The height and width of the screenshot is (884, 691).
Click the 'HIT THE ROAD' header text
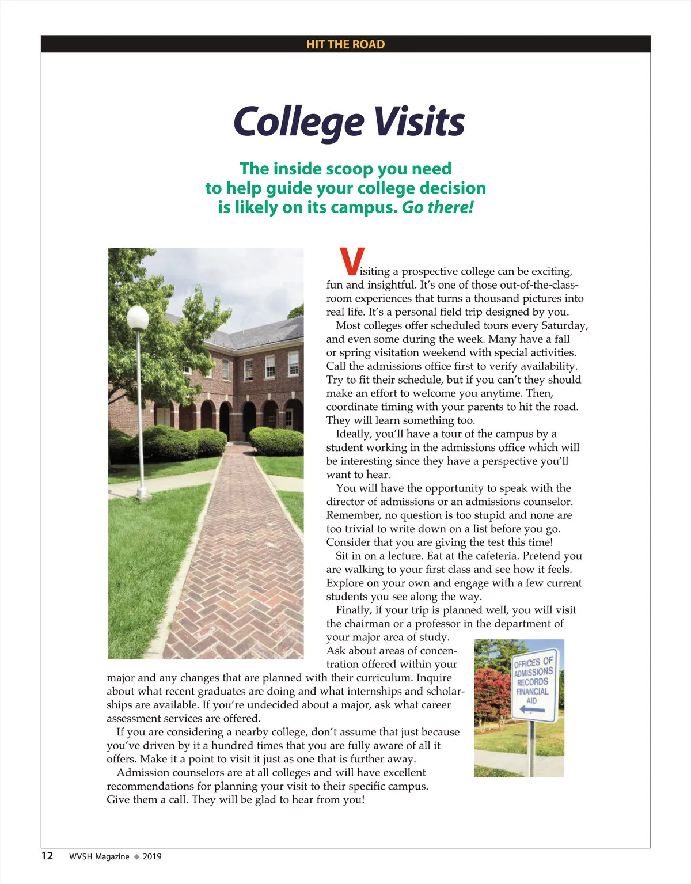[x=345, y=44]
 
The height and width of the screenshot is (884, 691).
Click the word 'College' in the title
[x=298, y=122]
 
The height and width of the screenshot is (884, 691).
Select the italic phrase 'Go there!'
[x=437, y=207]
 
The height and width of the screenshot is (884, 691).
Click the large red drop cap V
[x=352, y=261]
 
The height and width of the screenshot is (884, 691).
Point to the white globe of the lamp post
[x=138, y=318]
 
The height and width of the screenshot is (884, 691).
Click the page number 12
[x=47, y=856]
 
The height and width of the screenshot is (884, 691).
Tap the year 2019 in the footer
[x=152, y=856]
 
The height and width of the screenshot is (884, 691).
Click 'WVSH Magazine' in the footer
[x=99, y=856]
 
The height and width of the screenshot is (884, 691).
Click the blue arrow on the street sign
[x=531, y=710]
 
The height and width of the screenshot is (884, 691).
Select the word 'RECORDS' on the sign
[x=532, y=682]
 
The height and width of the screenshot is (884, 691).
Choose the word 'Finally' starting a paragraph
[x=353, y=610]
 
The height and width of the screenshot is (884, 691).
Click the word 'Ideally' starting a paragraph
[x=354, y=434]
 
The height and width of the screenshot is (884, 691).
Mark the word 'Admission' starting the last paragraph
[x=142, y=772]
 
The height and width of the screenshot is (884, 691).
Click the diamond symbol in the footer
[x=136, y=856]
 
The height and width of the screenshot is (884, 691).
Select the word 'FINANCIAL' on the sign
[x=532, y=692]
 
